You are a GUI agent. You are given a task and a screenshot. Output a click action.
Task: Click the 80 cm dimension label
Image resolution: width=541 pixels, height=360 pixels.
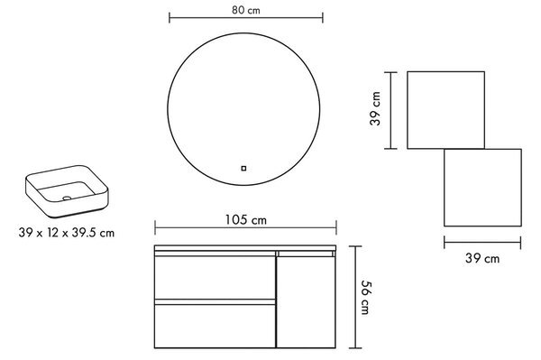coord(245,10)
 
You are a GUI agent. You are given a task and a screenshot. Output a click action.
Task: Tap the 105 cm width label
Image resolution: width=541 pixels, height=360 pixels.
coord(245,220)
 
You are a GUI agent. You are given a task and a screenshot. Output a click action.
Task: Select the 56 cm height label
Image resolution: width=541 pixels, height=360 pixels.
coord(366,297)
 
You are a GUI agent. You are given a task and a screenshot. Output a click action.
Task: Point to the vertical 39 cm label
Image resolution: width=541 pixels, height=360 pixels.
coord(375,108)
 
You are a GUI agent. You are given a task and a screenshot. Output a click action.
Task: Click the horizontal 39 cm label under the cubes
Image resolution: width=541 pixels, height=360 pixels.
coord(482,258)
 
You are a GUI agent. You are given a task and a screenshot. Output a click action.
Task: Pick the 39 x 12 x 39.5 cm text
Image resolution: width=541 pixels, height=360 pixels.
coord(66,233)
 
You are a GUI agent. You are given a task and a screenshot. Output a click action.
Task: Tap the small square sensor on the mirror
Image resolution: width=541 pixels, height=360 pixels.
coord(243,169)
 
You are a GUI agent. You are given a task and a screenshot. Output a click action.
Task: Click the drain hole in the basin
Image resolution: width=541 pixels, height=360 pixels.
coord(67,198)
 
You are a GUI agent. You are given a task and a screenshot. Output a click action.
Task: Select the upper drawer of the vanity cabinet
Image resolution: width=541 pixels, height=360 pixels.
coord(215,278)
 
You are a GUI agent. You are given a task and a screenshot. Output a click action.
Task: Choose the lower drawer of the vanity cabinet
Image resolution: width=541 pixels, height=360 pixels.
coord(215,326)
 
